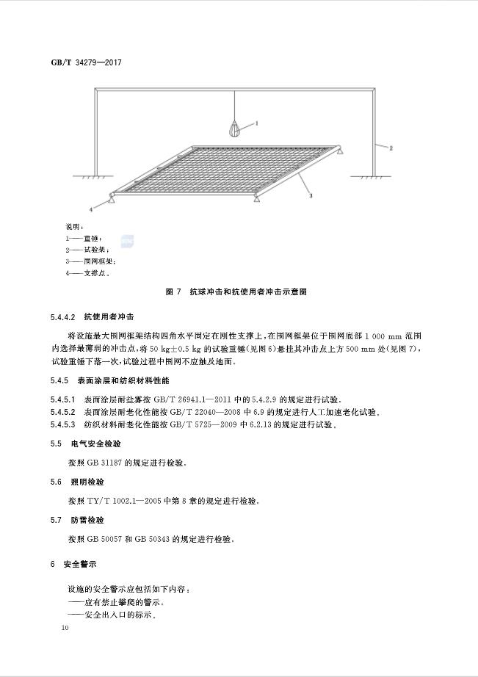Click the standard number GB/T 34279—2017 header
click(85, 62)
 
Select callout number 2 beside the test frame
click(391, 148)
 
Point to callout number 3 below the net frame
click(311, 196)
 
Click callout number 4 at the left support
click(91, 209)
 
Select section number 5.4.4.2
click(64, 317)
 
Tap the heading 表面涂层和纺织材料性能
click(126, 381)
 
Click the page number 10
click(65, 628)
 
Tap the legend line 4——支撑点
click(87, 273)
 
